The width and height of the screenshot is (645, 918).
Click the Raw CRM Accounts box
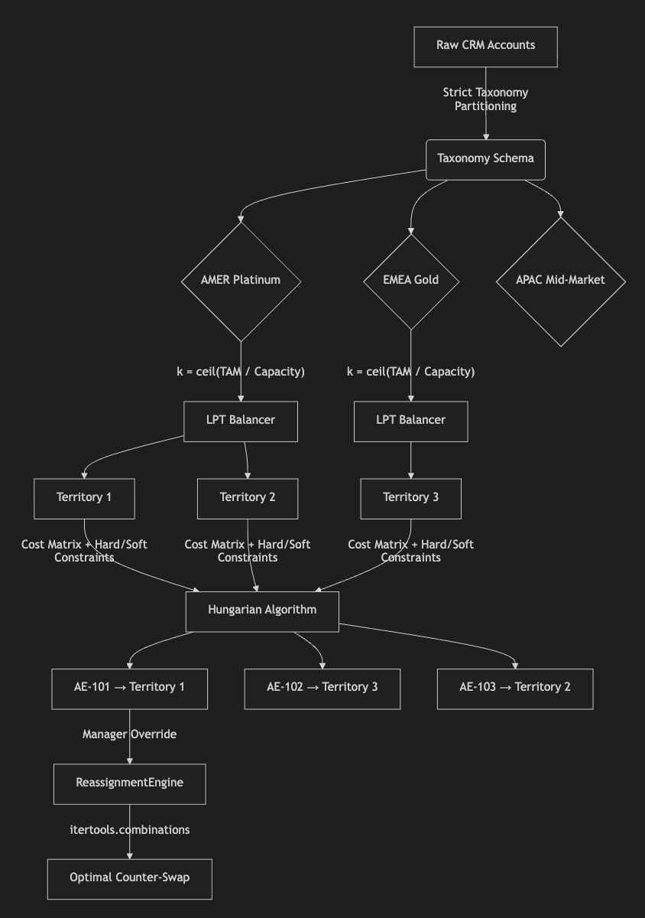485,47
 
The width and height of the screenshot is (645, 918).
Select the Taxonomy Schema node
485,159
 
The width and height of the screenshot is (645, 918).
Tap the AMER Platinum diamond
241,282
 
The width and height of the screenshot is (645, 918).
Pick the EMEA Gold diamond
410,282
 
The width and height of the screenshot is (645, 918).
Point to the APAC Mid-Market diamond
561,282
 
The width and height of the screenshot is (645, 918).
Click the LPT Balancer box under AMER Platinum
241,422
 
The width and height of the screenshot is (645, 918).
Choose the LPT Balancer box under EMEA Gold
410,422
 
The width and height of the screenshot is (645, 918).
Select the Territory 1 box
84,498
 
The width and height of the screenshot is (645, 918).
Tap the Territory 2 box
248,498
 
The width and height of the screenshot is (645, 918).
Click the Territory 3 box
410,498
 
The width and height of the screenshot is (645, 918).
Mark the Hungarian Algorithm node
262,611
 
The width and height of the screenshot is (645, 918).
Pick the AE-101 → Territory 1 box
129,688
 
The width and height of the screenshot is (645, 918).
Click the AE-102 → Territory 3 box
322,688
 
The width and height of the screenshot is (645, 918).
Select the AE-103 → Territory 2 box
515,688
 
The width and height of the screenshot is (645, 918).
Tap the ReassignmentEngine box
129,783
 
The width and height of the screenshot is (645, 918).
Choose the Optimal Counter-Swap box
129,879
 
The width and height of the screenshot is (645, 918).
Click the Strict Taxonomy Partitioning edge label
485,99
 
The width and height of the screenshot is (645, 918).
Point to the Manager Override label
129,734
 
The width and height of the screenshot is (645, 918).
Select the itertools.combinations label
129,830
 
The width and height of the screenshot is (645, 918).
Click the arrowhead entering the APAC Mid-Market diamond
561,214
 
